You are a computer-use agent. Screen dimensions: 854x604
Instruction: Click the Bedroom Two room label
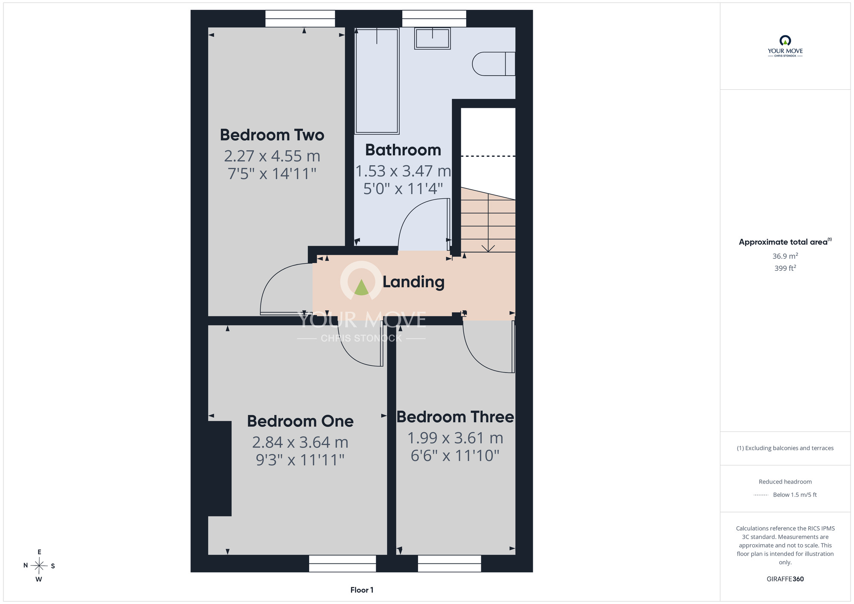(x=272, y=135)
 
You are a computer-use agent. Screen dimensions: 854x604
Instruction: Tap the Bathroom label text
(x=403, y=150)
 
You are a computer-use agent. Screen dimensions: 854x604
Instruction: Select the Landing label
(x=413, y=282)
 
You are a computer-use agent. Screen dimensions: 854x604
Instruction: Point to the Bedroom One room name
(x=300, y=421)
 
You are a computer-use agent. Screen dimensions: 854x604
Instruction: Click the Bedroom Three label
(x=455, y=417)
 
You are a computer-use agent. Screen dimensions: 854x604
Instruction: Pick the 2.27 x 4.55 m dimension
(x=272, y=156)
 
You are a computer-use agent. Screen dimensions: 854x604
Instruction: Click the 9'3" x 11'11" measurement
(x=300, y=460)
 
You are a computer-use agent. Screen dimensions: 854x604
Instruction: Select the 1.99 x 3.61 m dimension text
(x=455, y=438)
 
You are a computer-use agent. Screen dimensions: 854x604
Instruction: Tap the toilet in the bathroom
(x=494, y=64)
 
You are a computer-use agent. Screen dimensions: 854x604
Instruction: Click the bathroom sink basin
(x=433, y=38)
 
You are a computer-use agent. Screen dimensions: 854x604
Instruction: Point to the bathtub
(x=377, y=81)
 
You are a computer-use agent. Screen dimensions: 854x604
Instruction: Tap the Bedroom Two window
(x=300, y=19)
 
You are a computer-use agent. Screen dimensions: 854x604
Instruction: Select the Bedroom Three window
(x=450, y=563)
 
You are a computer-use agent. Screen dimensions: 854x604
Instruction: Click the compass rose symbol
(x=39, y=566)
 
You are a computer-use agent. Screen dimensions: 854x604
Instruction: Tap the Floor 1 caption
(x=362, y=590)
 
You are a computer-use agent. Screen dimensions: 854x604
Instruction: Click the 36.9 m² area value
(x=785, y=256)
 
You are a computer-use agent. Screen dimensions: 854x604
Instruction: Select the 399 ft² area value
(x=785, y=268)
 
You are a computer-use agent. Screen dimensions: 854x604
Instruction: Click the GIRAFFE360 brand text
(x=785, y=579)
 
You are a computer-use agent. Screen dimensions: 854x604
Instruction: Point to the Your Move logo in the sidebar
(x=785, y=46)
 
